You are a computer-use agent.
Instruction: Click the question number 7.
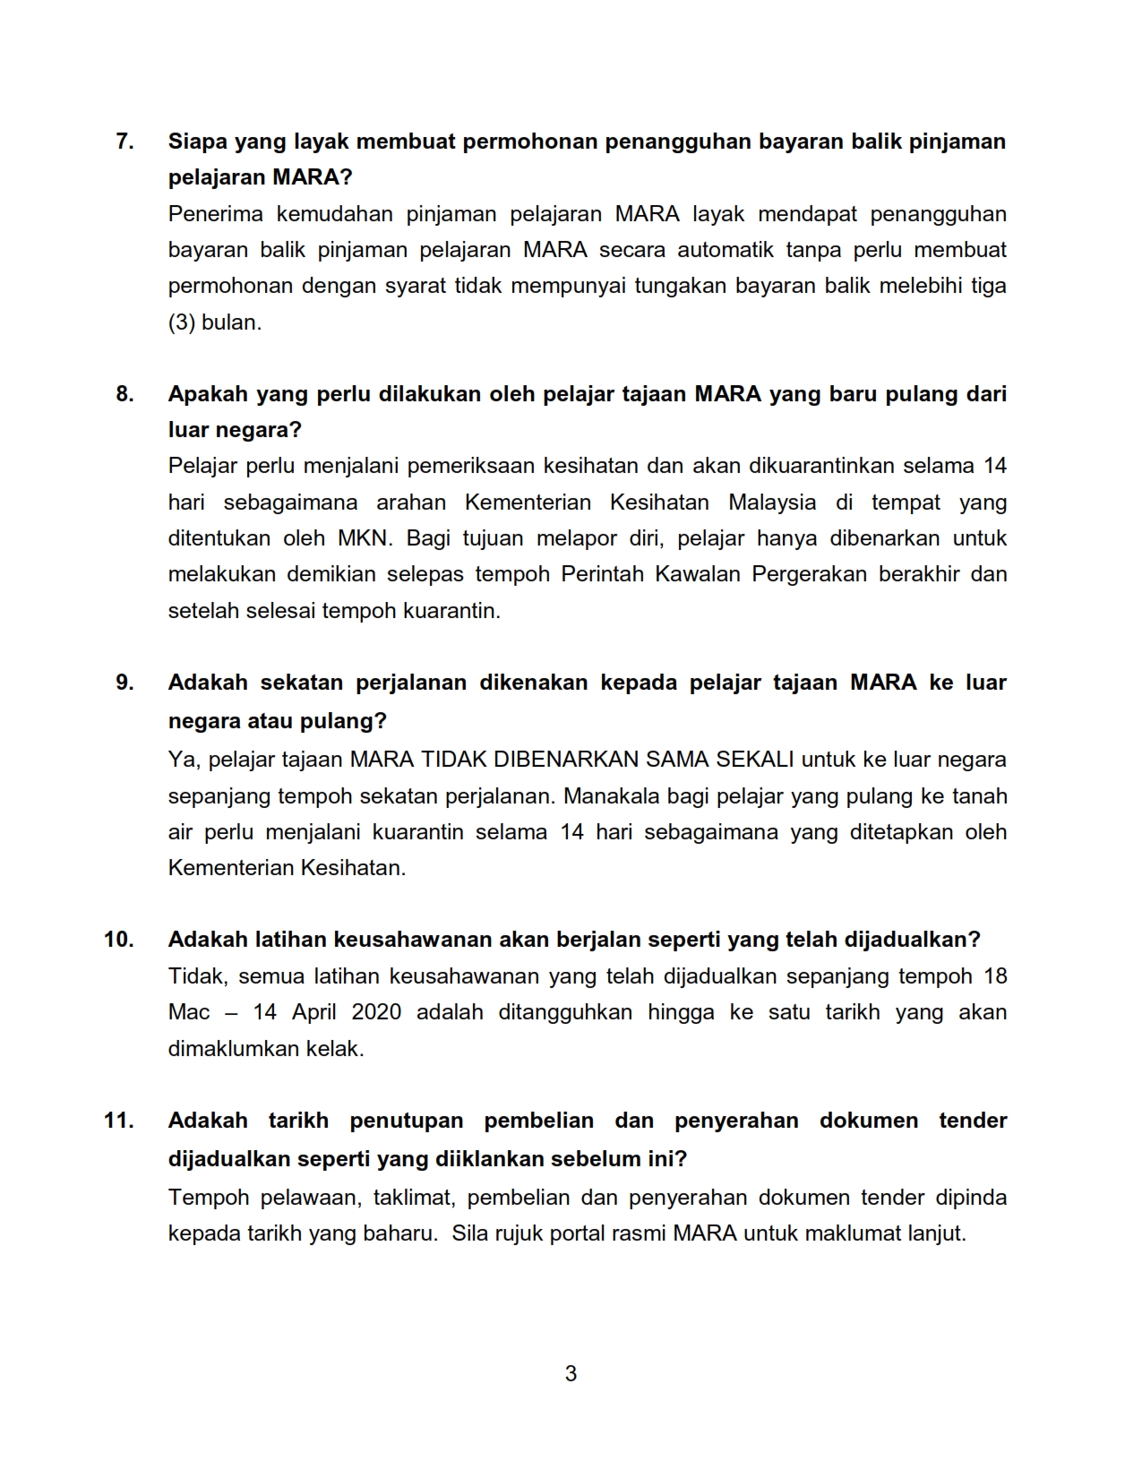pyautogui.click(x=125, y=142)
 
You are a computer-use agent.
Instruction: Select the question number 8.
pyautogui.click(x=125, y=394)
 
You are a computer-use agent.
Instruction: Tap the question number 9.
pyautogui.click(x=125, y=683)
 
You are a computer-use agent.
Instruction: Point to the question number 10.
pyautogui.click(x=119, y=940)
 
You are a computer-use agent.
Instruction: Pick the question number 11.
pyautogui.click(x=119, y=1121)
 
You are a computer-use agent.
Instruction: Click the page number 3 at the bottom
pyautogui.click(x=571, y=1373)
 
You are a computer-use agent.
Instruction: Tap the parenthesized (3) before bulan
pyautogui.click(x=182, y=322)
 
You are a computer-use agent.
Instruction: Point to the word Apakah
pyautogui.click(x=207, y=394)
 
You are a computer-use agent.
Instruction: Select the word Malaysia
pyautogui.click(x=772, y=503)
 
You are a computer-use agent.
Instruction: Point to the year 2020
pyautogui.click(x=376, y=1012)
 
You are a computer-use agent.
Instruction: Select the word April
pyautogui.click(x=313, y=1012)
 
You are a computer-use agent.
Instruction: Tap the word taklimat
pyautogui.click(x=414, y=1198)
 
